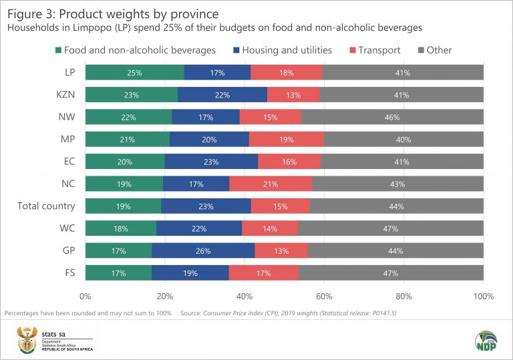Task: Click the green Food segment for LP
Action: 134,73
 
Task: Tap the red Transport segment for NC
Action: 271,184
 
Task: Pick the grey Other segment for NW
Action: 392,118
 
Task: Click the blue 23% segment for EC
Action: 211,162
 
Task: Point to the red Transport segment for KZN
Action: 293,95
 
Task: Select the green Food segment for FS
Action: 118,273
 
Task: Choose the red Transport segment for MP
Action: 287,140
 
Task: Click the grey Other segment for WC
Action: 391,229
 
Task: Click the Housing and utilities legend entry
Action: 285,50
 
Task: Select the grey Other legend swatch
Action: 421,50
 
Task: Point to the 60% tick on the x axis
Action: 324,296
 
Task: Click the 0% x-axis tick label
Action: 85,296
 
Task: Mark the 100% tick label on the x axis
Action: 482,296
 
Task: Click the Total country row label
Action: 46,206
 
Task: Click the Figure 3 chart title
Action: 111,13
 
